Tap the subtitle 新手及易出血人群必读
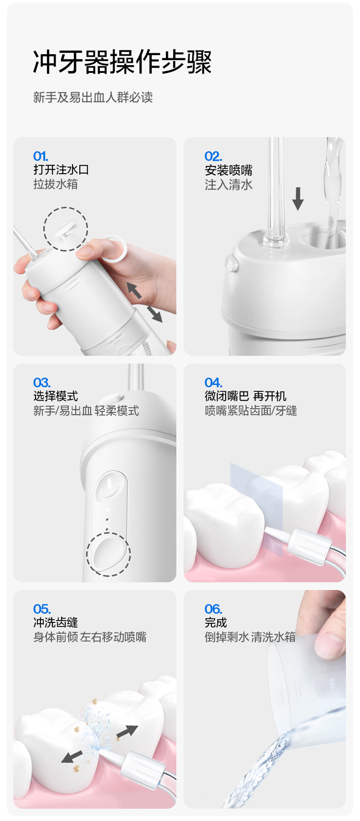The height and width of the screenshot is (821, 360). tap(93, 97)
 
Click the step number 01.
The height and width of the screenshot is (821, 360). tap(41, 156)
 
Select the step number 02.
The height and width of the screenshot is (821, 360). tap(214, 156)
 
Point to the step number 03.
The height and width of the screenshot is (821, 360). tap(42, 382)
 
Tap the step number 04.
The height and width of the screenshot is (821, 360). tap(214, 382)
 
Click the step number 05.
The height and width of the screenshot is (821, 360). tap(42, 609)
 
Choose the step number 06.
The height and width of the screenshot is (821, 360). tap(214, 609)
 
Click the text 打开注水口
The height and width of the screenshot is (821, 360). tap(61, 170)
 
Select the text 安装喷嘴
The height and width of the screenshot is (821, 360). tap(229, 170)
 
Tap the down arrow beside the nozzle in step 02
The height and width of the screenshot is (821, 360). tap(298, 199)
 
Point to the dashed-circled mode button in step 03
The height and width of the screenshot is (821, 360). tap(108, 554)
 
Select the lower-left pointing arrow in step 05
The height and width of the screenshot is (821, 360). tap(72, 757)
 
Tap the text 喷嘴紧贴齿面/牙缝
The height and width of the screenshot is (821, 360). tap(251, 411)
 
